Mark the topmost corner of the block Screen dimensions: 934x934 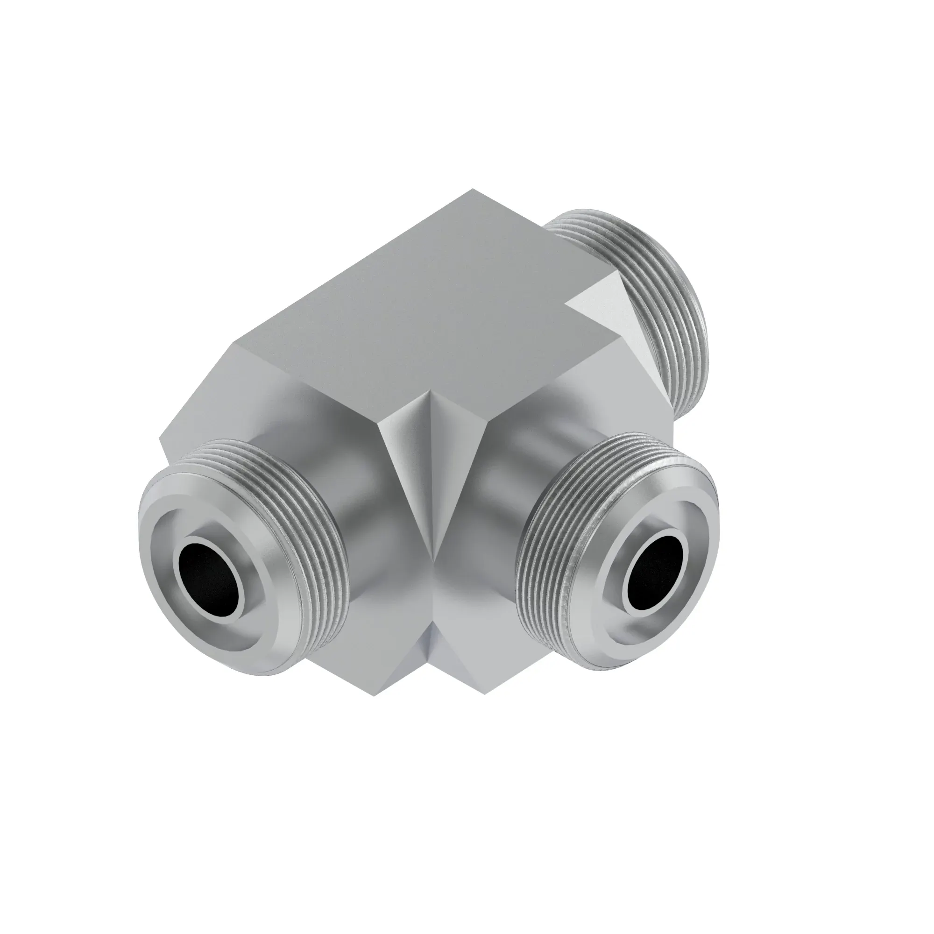[473, 190]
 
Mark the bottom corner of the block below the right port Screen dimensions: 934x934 [485, 694]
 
